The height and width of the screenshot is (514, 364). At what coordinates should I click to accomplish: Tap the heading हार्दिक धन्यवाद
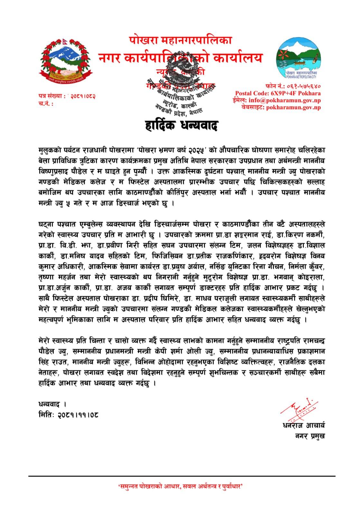click(x=182, y=125)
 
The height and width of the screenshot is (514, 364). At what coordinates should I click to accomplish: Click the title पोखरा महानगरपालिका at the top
click(x=180, y=41)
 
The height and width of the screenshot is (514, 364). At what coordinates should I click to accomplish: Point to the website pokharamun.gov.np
click(x=293, y=107)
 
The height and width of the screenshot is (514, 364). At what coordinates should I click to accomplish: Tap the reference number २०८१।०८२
click(x=83, y=96)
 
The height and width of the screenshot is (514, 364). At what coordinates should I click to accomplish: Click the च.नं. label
click(x=45, y=104)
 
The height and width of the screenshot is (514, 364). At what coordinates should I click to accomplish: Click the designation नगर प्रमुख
click(x=310, y=436)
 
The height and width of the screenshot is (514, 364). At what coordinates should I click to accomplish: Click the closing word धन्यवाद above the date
click(x=50, y=404)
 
